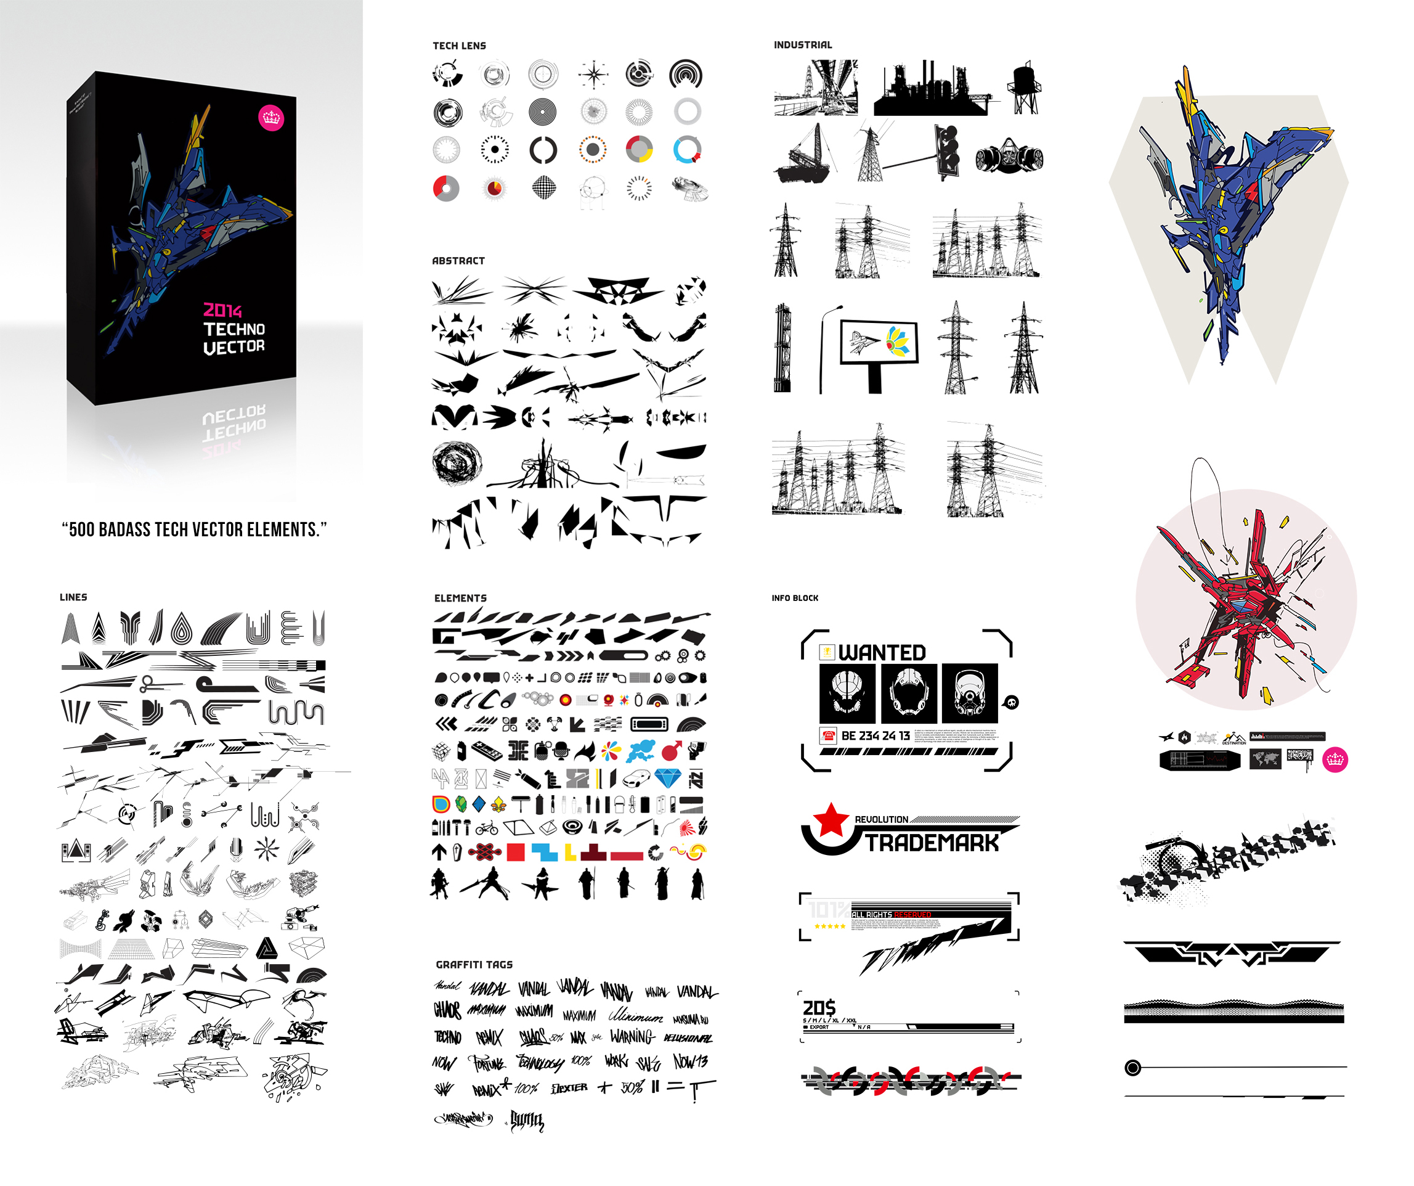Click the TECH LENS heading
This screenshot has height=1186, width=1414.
pos(459,46)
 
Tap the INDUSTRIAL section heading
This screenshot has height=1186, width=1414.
pos(803,45)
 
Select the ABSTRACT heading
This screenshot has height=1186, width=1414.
pos(458,261)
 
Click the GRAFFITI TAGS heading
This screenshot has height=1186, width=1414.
pos(474,965)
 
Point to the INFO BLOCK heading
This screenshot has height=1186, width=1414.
pos(795,598)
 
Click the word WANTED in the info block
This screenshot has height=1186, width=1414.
pos(882,653)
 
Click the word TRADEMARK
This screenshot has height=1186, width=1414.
pos(932,843)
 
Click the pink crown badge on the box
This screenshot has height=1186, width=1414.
pos(271,118)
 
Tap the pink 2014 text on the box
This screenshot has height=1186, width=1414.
pos(222,311)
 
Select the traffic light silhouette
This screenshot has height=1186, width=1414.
pos(948,151)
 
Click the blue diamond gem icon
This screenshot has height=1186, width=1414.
pos(668,779)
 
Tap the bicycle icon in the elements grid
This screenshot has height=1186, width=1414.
pos(487,828)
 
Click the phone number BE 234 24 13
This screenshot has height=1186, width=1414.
pos(876,736)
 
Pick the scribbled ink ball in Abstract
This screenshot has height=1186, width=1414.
pos(457,463)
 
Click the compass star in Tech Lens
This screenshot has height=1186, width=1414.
pos(593,75)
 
